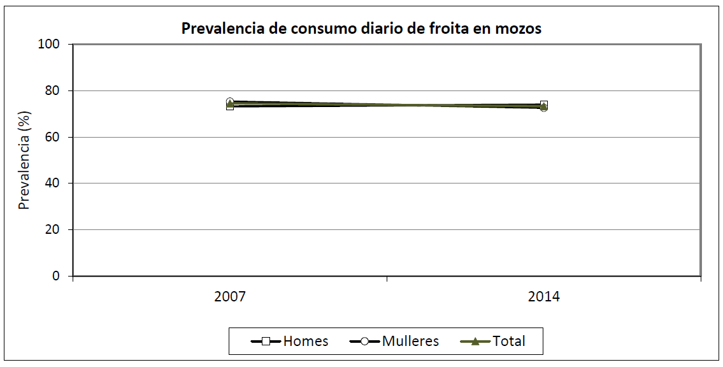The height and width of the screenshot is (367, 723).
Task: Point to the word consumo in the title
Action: pos(324,29)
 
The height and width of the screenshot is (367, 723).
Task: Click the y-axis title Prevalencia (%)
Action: pos(24,160)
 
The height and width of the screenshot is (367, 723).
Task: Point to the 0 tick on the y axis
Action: pos(55,276)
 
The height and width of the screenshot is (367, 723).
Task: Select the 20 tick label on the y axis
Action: pos(52,229)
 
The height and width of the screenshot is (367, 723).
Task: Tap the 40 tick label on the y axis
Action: pos(52,183)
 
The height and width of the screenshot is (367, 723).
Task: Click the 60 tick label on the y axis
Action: pos(52,137)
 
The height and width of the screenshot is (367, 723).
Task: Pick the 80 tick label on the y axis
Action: pos(52,90)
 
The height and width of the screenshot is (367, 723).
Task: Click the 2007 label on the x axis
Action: pos(230,297)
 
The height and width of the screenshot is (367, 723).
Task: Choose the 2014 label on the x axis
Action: pos(544,297)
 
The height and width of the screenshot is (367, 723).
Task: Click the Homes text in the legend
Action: pos(306,342)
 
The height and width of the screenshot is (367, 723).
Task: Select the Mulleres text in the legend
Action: pos(411,342)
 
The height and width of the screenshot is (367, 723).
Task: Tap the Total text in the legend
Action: pos(509,342)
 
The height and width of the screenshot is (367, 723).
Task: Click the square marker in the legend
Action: pos(266,342)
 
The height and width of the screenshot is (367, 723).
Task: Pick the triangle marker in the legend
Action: pos(475,342)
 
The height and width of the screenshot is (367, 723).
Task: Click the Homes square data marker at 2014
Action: pos(544,105)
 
